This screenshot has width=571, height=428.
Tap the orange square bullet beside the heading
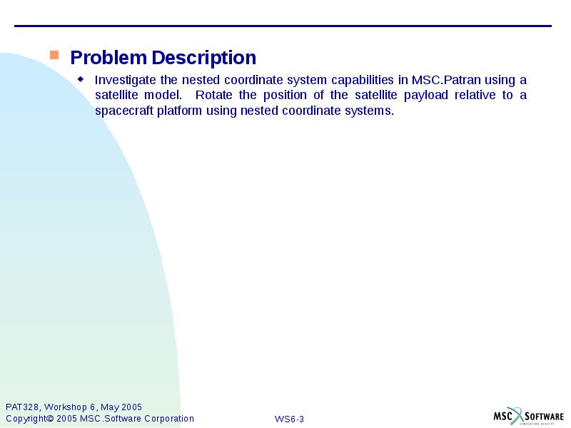click(54, 55)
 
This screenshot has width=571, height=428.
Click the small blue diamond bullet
click(81, 78)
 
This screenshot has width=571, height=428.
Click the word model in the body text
click(163, 95)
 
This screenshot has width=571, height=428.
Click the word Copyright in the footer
click(26, 419)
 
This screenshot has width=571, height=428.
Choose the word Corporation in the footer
click(168, 419)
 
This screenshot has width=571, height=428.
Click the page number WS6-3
click(289, 419)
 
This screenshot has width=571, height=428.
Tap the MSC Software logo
click(527, 416)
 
